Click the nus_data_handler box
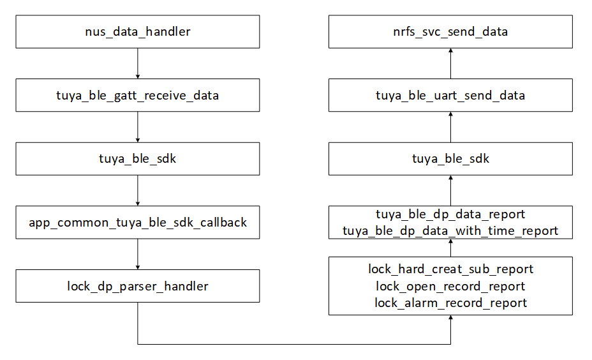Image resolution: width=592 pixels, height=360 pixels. coord(138,31)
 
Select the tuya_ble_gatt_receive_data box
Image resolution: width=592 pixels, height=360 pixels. coord(138,95)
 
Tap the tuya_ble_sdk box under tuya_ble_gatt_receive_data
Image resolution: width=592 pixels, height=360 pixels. coord(138,158)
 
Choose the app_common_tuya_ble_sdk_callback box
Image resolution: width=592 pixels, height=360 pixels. coord(138,222)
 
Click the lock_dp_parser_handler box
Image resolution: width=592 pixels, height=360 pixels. coord(138,286)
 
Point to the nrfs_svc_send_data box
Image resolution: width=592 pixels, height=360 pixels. coord(450,31)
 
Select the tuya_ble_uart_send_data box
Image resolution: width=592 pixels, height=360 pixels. coord(450,95)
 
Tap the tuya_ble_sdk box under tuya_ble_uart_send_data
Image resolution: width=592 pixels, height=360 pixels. coord(450,158)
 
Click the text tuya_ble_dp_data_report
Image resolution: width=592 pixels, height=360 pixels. coord(450,214)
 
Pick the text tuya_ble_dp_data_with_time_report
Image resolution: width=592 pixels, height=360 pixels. coord(450,230)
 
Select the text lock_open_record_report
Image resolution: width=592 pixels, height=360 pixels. coord(450,286)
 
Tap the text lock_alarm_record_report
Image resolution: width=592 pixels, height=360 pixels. coord(450,303)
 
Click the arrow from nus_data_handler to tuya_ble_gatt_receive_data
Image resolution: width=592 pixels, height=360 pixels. coord(138,63)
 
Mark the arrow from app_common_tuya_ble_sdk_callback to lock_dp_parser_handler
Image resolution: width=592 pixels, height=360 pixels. coord(138,254)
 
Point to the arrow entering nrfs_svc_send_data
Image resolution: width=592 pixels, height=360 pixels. coord(450,63)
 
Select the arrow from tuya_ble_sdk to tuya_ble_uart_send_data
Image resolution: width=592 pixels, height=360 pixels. coord(450,126)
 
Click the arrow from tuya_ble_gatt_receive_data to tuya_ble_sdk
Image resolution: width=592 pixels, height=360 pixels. coord(138,126)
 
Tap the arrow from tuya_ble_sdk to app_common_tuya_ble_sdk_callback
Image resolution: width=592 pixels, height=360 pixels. coord(138,190)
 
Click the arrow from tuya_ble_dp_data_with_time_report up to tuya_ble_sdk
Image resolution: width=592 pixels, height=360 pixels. coord(450,190)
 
